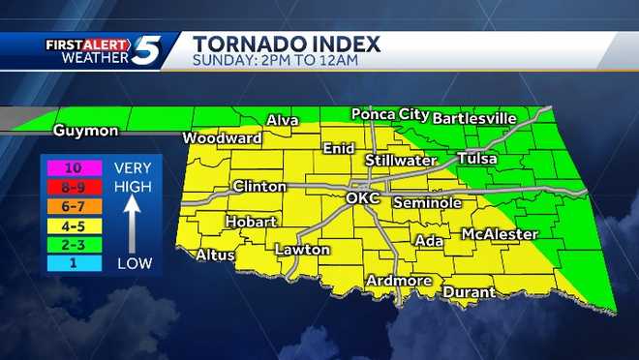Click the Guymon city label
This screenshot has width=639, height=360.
[x=86, y=131]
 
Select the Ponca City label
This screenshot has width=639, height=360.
[x=388, y=114]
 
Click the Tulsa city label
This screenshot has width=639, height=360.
[x=478, y=158]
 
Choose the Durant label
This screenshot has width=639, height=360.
[x=469, y=291]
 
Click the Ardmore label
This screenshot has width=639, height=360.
[x=398, y=281]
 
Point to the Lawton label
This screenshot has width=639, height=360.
[x=303, y=250]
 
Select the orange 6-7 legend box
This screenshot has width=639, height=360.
[x=73, y=204]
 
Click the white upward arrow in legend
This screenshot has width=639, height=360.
[x=133, y=218]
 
